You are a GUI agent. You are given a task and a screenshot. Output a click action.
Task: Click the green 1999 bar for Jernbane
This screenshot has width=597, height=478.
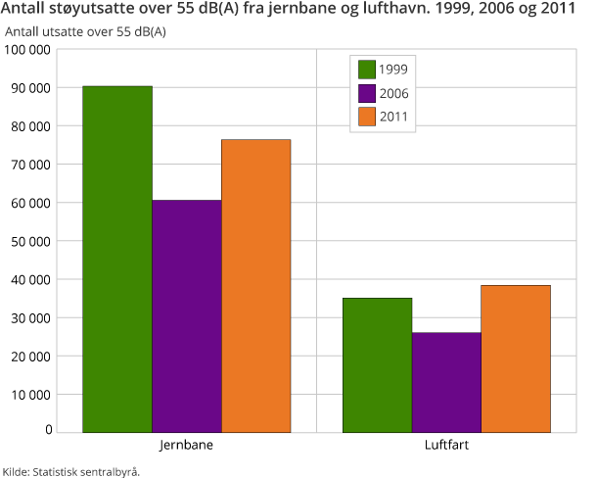[x=117, y=259]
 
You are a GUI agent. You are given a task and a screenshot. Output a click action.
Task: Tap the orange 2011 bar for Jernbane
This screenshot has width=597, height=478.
[x=255, y=285]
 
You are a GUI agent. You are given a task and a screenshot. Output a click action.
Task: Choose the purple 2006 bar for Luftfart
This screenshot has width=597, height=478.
[x=446, y=382]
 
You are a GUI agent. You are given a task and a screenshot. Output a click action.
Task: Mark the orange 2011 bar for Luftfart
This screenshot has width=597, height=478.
[x=516, y=358]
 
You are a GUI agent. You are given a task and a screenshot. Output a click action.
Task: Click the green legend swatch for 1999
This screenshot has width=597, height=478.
[x=368, y=69]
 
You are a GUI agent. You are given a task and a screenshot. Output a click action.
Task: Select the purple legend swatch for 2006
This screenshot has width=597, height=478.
[x=368, y=93]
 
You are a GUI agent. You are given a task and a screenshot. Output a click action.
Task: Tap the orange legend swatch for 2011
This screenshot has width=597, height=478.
[x=368, y=117]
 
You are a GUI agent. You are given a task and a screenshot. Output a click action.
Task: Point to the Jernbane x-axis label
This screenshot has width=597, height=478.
[x=186, y=444]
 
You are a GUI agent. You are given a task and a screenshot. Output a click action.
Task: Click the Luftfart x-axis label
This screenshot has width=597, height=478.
[x=446, y=444]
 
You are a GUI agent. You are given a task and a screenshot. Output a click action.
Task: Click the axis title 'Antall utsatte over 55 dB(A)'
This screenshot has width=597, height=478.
[x=85, y=31]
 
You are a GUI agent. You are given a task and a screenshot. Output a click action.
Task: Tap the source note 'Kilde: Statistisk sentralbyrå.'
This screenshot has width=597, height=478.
[x=70, y=470]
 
